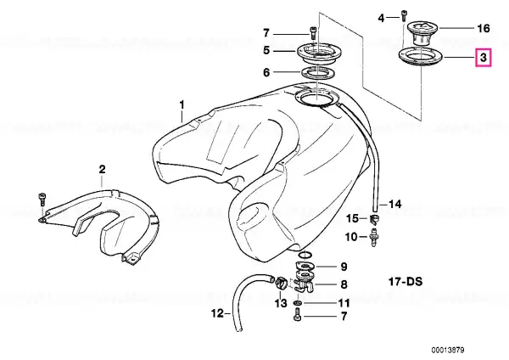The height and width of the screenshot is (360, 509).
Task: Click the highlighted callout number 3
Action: point(484,58)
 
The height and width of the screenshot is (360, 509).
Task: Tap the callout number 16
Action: point(484,28)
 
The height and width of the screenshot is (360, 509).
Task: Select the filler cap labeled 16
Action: point(421,33)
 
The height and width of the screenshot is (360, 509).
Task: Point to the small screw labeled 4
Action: point(404,15)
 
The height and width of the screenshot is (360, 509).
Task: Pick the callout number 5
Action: point(266,51)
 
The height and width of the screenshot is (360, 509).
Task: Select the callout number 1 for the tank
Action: point(182,105)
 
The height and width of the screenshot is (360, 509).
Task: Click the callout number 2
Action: point(103,170)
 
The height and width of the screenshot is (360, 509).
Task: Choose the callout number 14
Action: point(395,204)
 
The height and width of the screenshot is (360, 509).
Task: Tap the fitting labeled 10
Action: point(374,238)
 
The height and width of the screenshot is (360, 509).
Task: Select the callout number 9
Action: point(344,267)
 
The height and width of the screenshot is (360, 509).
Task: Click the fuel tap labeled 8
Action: point(305,281)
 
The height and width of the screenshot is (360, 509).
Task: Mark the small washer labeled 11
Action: point(298,303)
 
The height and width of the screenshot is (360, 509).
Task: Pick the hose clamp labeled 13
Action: point(280,282)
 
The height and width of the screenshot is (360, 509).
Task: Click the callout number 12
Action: point(217,313)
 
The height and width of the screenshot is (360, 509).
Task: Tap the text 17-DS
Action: point(406,281)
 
